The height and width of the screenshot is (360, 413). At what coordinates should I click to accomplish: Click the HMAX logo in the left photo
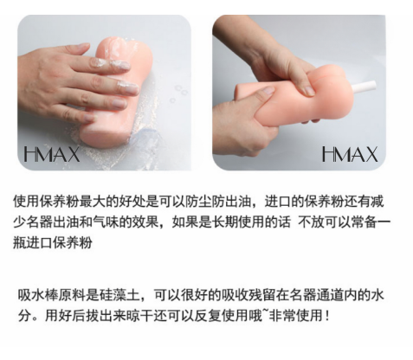pos(51,154)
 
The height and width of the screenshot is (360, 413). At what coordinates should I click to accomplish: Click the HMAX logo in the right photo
pos(350,154)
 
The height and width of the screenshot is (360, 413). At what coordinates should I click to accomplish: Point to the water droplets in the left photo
pos(178,93)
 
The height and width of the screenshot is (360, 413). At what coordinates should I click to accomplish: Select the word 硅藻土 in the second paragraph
pos(120,295)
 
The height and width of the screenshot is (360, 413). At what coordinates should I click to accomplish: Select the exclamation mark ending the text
pos(326,316)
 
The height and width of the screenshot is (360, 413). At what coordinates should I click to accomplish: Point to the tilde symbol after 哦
pos(265,312)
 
